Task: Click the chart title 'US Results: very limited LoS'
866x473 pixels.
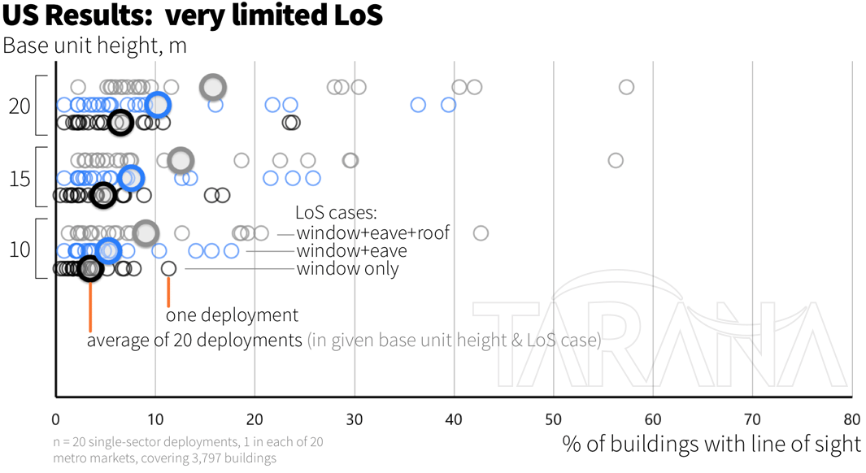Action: (192, 15)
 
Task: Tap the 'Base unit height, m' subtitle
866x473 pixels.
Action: (94, 46)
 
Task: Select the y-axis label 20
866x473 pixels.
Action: (20, 106)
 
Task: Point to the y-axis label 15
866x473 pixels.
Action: (20, 177)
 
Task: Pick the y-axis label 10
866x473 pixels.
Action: (20, 250)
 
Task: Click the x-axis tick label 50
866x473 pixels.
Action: (553, 419)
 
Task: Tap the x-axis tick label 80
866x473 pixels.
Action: (851, 419)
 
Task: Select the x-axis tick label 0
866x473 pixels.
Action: (55, 419)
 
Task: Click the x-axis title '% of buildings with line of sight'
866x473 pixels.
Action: (711, 444)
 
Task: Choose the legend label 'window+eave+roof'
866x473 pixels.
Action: (372, 233)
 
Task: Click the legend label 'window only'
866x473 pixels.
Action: (347, 269)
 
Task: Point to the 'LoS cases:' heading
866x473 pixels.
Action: (336, 214)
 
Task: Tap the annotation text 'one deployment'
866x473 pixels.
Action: (232, 315)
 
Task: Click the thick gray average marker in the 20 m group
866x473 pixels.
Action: (213, 87)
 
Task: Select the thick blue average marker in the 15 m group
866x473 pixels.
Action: (130, 178)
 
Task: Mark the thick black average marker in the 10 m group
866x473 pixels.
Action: (90, 268)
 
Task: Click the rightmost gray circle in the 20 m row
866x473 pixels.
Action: (626, 87)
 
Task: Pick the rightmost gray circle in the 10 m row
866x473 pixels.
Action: (481, 233)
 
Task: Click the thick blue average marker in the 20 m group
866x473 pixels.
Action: (159, 105)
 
